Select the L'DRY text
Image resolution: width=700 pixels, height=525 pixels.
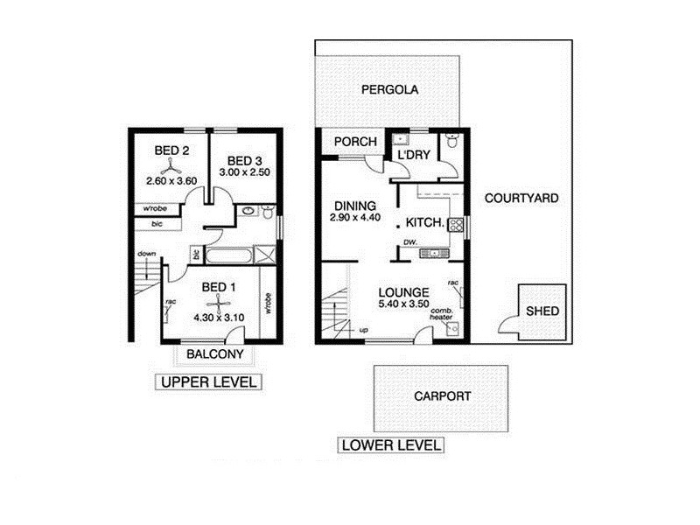pyautogui.click(x=412, y=156)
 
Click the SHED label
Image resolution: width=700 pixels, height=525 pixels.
pyautogui.click(x=542, y=311)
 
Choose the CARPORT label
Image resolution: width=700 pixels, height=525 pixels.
pyautogui.click(x=442, y=395)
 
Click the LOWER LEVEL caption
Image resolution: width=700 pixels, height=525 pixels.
pyautogui.click(x=391, y=445)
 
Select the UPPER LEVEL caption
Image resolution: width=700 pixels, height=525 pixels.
pyautogui.click(x=209, y=382)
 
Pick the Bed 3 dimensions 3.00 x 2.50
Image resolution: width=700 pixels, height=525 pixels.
pyautogui.click(x=245, y=173)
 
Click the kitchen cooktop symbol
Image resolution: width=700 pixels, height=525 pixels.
pyautogui.click(x=456, y=224)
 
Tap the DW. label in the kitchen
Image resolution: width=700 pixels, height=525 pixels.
pyautogui.click(x=409, y=242)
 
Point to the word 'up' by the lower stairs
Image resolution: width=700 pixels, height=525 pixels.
pyautogui.click(x=364, y=331)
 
